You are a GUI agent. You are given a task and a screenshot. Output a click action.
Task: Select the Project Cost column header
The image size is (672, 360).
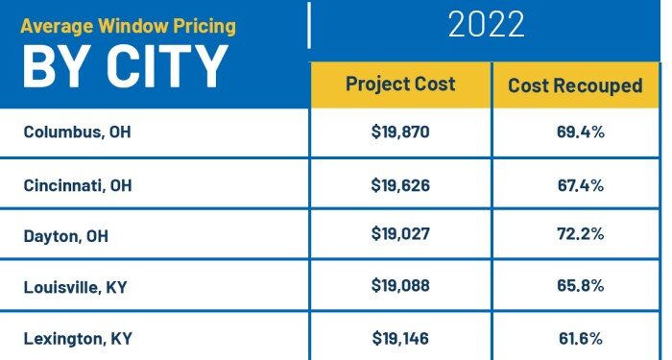(x=400, y=84)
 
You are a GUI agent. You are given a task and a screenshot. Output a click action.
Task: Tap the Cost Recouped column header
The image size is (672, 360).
(x=575, y=85)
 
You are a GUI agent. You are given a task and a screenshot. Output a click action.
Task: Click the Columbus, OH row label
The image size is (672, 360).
(x=77, y=132)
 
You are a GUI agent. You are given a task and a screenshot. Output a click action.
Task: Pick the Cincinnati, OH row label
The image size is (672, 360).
(x=78, y=184)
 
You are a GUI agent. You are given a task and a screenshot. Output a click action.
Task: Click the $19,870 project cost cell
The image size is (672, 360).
(x=400, y=132)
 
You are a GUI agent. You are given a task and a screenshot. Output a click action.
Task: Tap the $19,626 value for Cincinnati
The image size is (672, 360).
(x=400, y=184)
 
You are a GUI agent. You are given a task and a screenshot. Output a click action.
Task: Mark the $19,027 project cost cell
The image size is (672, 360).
(x=400, y=235)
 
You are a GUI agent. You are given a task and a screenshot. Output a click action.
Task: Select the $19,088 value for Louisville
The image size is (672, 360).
(x=400, y=286)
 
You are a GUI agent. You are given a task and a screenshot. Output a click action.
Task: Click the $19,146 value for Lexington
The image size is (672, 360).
(x=400, y=338)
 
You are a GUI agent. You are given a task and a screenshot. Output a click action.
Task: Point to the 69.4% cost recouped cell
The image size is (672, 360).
(x=580, y=132)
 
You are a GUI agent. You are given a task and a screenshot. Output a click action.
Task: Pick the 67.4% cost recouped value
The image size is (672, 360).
(x=580, y=184)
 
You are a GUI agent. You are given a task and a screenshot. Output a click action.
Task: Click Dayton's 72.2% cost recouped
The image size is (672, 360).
(x=580, y=235)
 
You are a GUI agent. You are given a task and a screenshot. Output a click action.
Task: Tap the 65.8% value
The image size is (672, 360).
(x=580, y=286)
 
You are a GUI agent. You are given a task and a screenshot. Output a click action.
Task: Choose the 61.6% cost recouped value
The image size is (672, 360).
(x=580, y=338)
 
